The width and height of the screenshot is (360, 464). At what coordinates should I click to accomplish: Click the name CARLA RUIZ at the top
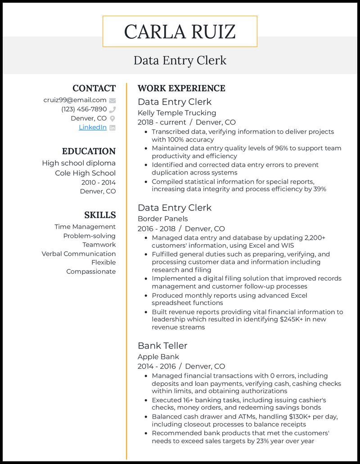click(180, 32)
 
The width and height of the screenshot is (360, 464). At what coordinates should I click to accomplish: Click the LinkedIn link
click(93, 127)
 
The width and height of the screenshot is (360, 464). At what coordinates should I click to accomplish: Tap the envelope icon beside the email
click(112, 100)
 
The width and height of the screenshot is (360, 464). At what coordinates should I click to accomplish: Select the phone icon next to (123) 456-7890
click(112, 109)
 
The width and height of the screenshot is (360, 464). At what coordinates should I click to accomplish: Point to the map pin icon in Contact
click(112, 118)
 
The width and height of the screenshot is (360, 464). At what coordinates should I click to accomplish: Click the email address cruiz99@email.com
click(75, 100)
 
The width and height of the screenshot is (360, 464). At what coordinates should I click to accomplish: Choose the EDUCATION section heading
click(89, 151)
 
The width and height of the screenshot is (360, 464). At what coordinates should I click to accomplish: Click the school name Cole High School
click(85, 173)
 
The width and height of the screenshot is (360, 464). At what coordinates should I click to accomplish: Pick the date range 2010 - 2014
click(98, 182)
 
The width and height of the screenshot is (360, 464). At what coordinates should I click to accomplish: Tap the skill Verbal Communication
click(79, 254)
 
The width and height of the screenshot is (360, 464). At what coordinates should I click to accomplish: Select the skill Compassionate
click(91, 272)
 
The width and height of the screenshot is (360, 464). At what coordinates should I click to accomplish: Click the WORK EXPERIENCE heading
click(181, 88)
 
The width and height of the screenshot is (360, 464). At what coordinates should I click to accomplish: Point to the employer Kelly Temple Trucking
click(177, 112)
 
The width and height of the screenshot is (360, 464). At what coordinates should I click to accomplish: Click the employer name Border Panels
click(163, 219)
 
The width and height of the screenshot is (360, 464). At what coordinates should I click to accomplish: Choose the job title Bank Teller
click(162, 345)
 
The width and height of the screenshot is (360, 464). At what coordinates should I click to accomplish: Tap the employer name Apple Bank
click(158, 357)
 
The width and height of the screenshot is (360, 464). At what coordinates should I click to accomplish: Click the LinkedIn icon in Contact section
click(112, 127)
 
